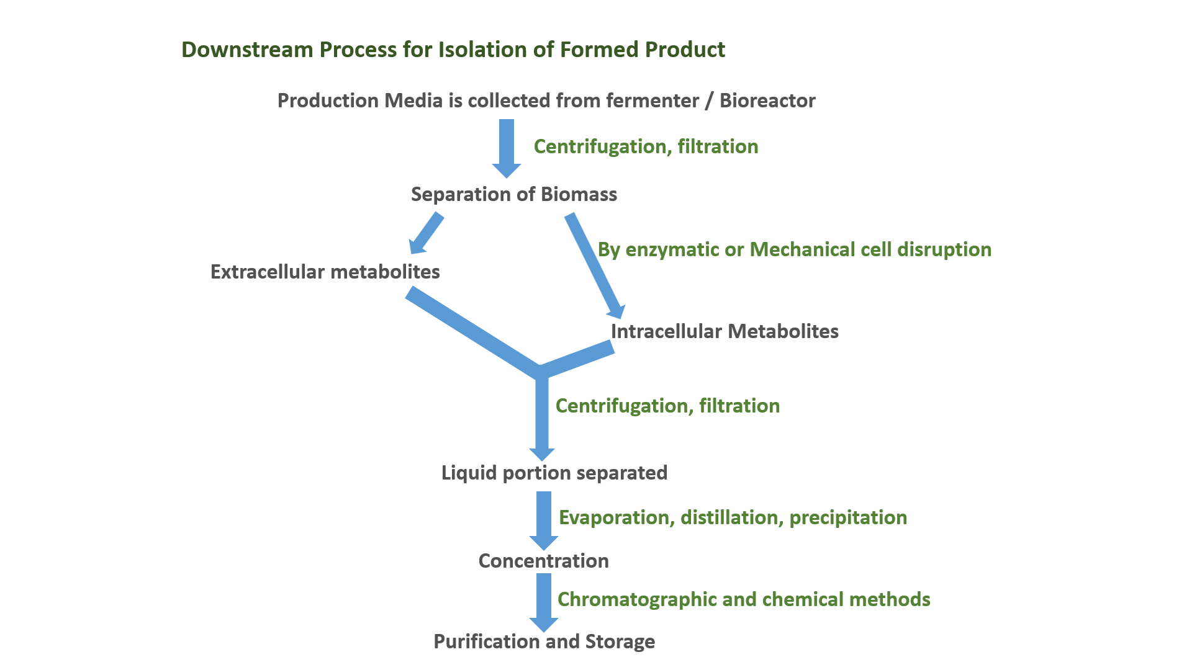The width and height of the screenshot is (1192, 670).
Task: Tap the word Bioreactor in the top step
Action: (767, 100)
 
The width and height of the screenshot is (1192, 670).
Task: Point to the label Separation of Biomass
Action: (514, 194)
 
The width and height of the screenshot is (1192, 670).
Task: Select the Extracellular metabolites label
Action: (325, 272)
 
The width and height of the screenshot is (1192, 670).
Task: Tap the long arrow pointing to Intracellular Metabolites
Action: (595, 266)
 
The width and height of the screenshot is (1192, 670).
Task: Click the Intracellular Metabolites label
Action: (725, 331)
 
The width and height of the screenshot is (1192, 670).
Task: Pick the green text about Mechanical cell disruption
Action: (795, 249)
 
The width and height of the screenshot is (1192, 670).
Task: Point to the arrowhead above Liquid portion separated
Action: (542, 453)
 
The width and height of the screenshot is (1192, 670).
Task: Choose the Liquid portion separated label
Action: (554, 473)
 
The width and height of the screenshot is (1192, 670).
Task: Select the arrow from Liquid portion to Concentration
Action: (544, 519)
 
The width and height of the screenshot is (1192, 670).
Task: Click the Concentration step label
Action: (544, 561)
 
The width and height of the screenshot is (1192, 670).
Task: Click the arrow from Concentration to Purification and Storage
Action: (544, 601)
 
